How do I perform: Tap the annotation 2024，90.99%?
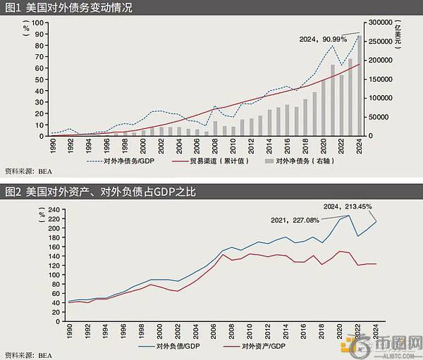click(x=321, y=40)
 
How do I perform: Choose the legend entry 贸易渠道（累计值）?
click(x=218, y=160)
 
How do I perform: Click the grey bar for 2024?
click(x=359, y=85)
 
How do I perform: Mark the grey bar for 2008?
click(x=215, y=128)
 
